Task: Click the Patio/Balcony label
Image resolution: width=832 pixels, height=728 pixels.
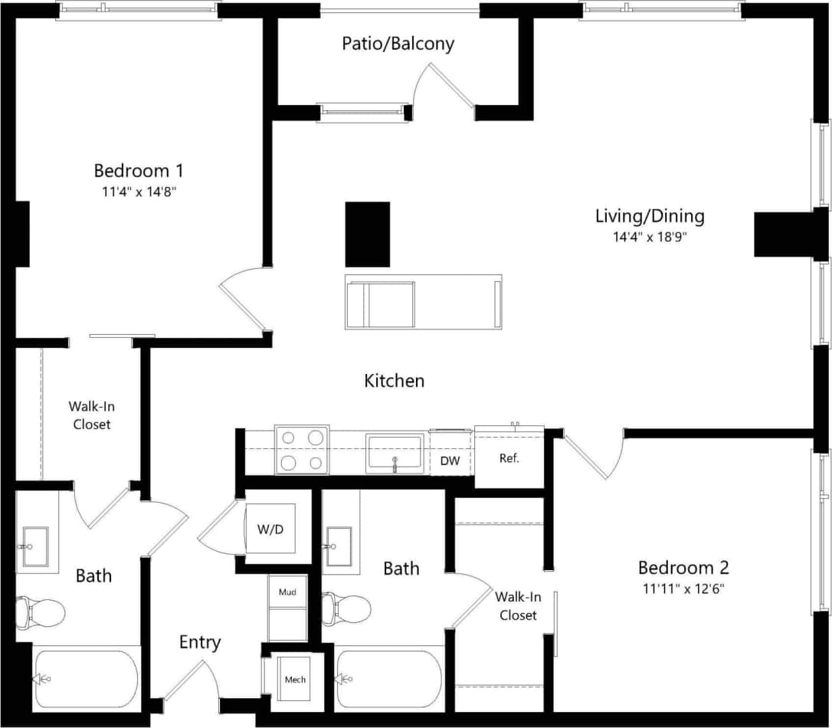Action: tap(398, 44)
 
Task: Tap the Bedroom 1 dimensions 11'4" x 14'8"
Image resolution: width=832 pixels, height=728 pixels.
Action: tap(138, 192)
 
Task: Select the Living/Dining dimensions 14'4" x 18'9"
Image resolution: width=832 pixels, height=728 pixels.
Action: tap(649, 237)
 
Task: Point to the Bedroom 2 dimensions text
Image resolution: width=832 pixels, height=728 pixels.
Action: tap(683, 589)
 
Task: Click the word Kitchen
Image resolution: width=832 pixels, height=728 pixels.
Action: tap(394, 380)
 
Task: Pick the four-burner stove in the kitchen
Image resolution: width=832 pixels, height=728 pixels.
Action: tap(302, 450)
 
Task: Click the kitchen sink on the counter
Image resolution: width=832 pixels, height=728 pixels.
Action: tap(395, 453)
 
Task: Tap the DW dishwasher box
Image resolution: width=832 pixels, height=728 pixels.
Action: tap(450, 461)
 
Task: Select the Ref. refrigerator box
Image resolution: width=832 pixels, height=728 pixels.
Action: tap(509, 458)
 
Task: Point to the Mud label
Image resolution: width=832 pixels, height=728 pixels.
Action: tap(287, 592)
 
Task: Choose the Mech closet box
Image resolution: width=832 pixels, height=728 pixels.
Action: tap(295, 679)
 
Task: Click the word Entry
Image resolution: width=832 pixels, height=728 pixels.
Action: tap(200, 642)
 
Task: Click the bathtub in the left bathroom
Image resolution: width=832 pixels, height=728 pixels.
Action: tap(85, 679)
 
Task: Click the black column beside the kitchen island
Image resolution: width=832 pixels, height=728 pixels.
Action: tap(368, 234)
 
